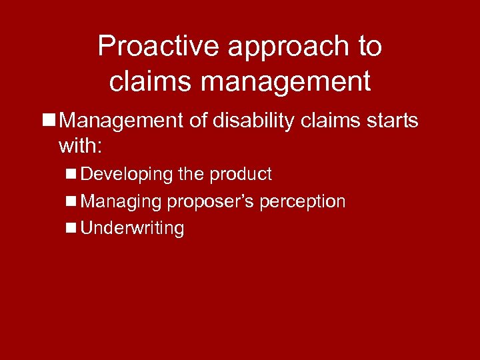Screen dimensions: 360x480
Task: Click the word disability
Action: (258, 121)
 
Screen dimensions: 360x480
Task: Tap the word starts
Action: (395, 121)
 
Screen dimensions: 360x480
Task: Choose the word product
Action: (241, 175)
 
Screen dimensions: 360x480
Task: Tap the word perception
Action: (303, 201)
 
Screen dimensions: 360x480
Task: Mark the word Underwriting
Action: (132, 228)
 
